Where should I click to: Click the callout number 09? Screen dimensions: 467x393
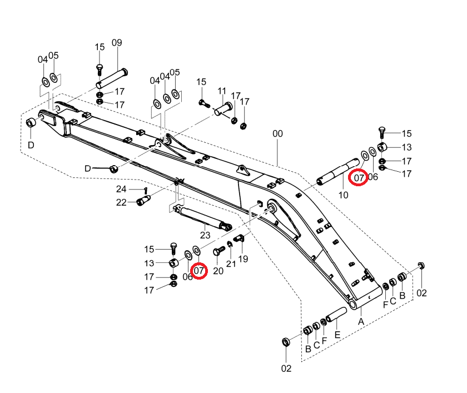[117, 43]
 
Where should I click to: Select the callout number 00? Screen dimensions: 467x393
[277, 133]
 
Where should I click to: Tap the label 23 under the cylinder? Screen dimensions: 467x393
[205, 235]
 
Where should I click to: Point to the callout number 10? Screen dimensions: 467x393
[344, 195]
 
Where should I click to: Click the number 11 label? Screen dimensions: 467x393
[222, 91]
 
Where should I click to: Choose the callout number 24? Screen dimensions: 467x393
[121, 189]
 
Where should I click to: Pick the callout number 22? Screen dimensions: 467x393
[121, 202]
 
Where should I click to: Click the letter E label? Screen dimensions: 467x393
[337, 335]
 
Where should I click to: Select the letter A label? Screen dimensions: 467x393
[361, 321]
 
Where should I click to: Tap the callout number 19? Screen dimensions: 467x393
[243, 258]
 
